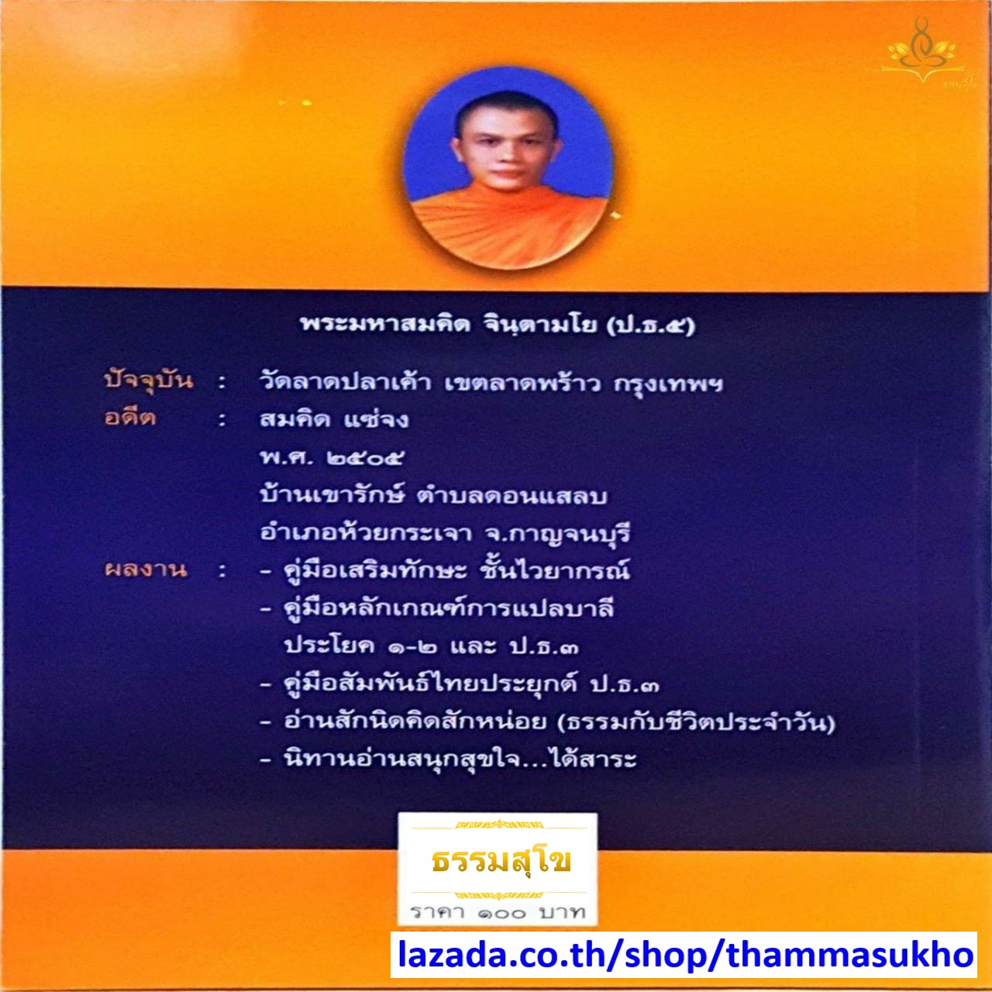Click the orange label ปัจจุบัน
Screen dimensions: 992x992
tap(148, 380)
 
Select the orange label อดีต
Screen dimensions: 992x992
tap(130, 418)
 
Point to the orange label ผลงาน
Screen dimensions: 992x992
tap(146, 570)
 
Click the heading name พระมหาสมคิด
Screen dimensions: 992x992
tap(385, 324)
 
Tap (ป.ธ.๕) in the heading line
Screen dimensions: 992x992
tap(651, 325)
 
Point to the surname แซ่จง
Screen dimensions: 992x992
tap(376, 419)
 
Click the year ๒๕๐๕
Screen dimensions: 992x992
tap(365, 458)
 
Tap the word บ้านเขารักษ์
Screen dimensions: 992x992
tap(333, 495)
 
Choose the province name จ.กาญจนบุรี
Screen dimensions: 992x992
tap(557, 533)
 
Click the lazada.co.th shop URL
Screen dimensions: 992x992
tap(684, 955)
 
